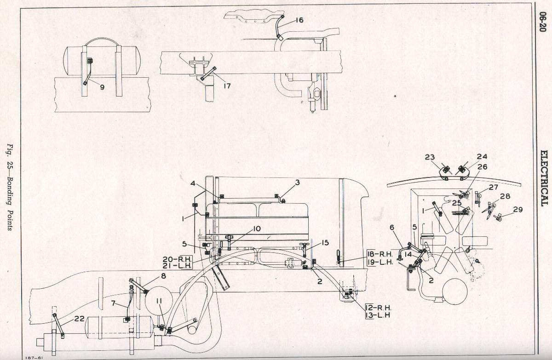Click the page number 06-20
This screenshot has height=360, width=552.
click(x=543, y=22)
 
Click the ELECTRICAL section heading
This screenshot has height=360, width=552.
click(x=544, y=178)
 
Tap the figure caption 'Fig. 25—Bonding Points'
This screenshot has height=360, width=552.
click(x=10, y=187)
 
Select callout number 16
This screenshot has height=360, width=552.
click(x=299, y=20)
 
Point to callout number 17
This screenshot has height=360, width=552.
click(x=227, y=86)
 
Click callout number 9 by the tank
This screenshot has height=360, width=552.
click(x=102, y=87)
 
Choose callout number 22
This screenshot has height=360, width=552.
click(x=79, y=319)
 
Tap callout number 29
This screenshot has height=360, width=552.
click(x=518, y=210)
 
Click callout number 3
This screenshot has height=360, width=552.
click(x=298, y=183)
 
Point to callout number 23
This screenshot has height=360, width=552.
click(x=430, y=157)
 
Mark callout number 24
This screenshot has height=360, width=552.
click(x=482, y=157)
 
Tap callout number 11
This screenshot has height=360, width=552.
click(x=159, y=301)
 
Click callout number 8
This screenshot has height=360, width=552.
click(x=163, y=276)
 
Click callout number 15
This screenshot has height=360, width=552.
click(x=325, y=243)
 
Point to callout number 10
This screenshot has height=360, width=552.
click(x=257, y=229)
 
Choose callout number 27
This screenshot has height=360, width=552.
click(x=494, y=188)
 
